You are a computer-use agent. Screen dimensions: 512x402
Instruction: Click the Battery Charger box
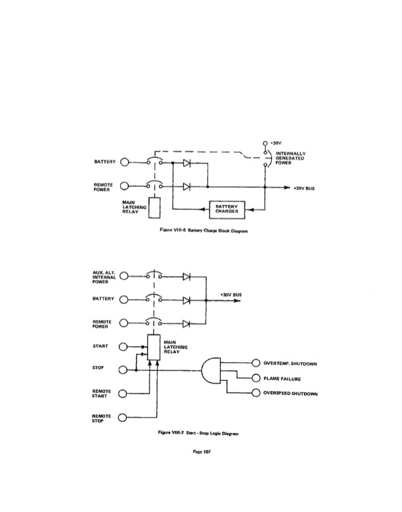(227, 209)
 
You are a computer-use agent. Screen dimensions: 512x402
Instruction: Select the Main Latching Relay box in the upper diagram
(155, 207)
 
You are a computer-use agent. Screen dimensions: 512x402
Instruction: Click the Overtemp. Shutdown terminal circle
(256, 362)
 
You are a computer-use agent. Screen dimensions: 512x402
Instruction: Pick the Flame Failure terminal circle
(256, 378)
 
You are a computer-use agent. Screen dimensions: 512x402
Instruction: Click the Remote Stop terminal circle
(123, 418)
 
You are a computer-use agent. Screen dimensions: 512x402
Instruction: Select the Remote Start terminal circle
(123, 394)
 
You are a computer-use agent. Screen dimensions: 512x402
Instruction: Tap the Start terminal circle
(123, 346)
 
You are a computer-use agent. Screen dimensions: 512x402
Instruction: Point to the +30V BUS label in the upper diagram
(303, 188)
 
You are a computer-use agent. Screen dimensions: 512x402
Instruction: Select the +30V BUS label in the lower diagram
(231, 295)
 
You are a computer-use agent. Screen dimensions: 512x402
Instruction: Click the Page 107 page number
(201, 452)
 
